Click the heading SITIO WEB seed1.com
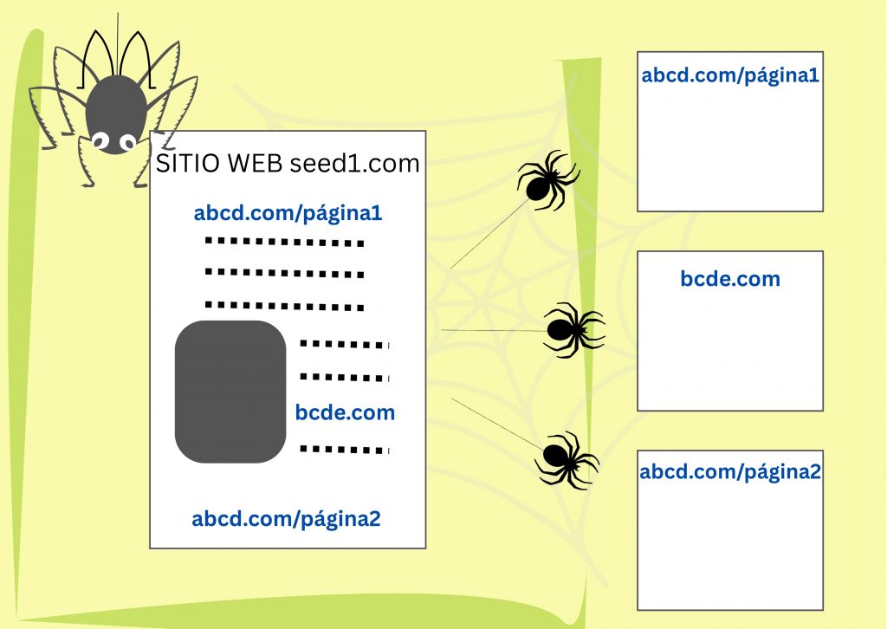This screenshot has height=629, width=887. (x=288, y=163)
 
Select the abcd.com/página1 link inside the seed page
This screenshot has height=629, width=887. (x=288, y=213)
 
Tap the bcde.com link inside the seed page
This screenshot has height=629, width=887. (x=345, y=412)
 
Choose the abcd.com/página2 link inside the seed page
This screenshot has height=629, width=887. (x=286, y=519)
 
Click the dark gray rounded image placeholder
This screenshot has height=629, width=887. (x=230, y=392)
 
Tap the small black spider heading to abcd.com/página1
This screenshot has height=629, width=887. (x=544, y=181)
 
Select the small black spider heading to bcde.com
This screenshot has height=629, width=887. (x=571, y=329)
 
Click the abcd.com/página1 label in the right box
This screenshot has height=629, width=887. (x=730, y=75)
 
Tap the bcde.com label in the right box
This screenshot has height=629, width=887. (x=730, y=279)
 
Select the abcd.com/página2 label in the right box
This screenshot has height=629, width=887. (x=730, y=472)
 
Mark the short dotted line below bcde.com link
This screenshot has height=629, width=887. (x=345, y=449)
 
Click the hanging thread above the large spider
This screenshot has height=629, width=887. (x=117, y=35)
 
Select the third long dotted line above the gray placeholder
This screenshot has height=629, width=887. (x=284, y=306)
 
